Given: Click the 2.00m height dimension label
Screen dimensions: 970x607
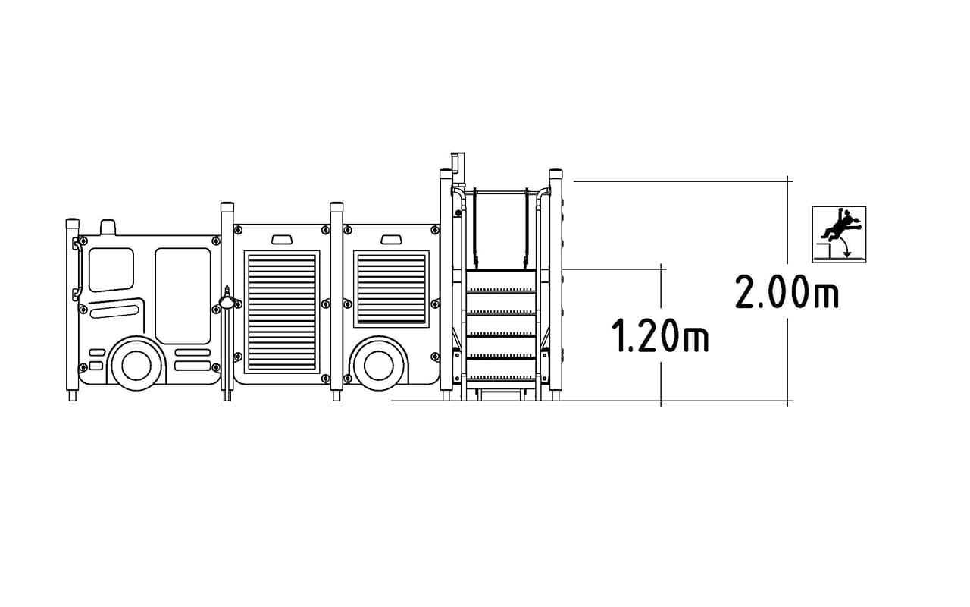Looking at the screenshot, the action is click(787, 292).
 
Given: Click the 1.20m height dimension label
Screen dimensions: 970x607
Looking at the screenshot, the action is click(660, 335).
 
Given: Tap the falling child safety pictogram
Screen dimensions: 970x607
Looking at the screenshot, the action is click(839, 234).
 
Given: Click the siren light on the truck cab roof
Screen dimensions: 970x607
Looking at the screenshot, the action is click(108, 227).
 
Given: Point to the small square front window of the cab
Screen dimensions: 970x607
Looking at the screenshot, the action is click(111, 269).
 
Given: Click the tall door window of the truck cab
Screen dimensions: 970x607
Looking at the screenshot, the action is click(183, 296).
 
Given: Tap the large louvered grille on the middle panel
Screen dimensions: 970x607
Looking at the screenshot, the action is click(282, 312).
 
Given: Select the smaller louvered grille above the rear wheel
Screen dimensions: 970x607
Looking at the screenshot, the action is click(392, 289).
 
